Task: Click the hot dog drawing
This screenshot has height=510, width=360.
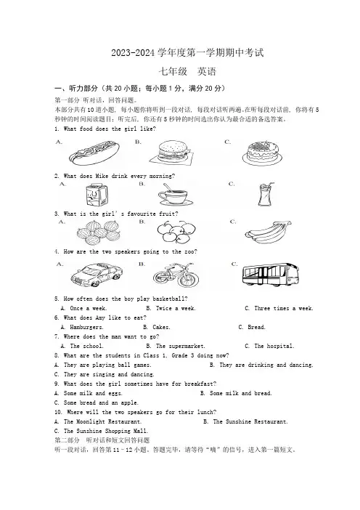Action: (94, 153)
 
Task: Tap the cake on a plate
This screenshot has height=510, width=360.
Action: (262, 153)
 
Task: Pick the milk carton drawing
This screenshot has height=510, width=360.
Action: (97, 195)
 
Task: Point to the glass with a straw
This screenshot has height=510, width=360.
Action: (266, 194)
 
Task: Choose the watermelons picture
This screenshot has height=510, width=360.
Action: (99, 232)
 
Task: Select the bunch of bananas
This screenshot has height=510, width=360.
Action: (268, 232)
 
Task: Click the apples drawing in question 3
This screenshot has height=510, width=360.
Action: (177, 232)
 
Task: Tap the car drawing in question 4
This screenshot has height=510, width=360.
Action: (97, 275)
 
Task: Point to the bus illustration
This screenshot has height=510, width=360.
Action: (270, 275)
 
